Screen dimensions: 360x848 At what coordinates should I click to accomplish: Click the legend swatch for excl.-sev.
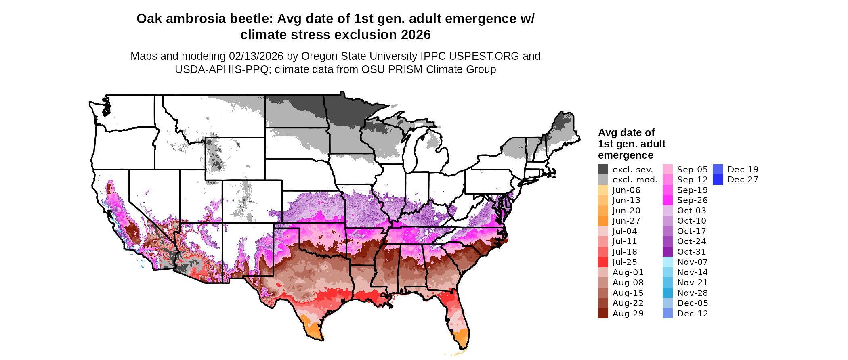603,170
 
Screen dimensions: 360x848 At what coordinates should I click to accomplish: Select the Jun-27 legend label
626,221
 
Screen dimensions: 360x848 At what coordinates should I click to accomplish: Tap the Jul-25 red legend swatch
603,262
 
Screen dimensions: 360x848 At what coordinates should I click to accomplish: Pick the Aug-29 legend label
628,314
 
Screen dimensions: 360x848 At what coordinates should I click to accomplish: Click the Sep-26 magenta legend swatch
667,200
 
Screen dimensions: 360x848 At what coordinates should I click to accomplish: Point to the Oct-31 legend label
692,252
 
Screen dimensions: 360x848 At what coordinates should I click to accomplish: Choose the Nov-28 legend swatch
667,293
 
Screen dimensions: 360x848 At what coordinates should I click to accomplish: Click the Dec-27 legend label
743,180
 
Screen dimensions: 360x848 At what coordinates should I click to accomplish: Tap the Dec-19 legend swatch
718,170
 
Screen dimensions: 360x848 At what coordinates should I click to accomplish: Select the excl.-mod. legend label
635,180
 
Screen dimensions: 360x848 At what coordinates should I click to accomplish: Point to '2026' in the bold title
416,35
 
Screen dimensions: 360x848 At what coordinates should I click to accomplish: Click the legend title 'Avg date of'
626,133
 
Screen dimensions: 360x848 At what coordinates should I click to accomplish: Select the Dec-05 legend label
693,303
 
